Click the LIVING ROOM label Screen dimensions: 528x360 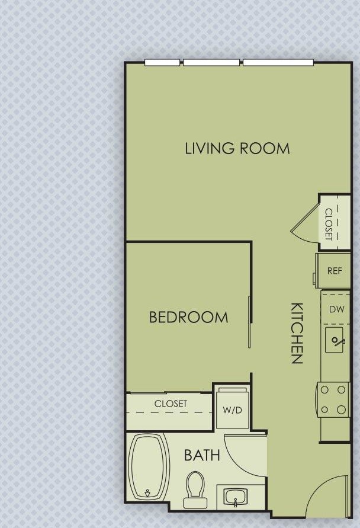tap(237, 148)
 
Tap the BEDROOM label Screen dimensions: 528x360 tap(188, 317)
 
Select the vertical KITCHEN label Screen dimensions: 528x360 tap(297, 333)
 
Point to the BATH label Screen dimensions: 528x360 tap(202, 455)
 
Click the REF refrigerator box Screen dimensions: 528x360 tap(334, 271)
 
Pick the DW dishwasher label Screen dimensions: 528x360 tap(336, 309)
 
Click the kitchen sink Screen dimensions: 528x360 tap(336, 341)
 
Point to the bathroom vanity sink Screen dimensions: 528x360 tap(236, 496)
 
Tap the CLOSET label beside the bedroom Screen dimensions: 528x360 tap(171, 404)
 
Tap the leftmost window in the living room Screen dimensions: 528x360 tap(162, 62)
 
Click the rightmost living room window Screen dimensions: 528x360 tap(278, 62)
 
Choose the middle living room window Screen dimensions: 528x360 tap(211, 62)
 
